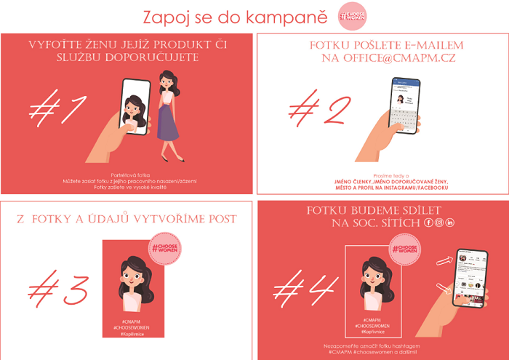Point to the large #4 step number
click(300, 284)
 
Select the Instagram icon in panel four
click(439, 222)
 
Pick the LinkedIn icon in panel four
click(450, 222)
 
